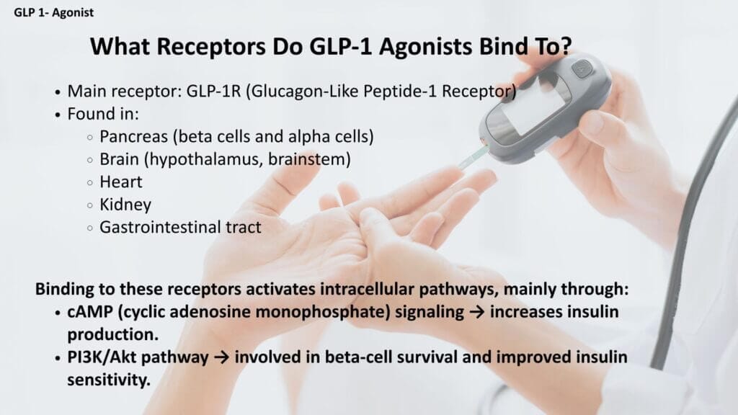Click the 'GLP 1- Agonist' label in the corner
(x=53, y=13)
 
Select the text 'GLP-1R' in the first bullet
(x=213, y=91)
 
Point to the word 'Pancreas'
(x=133, y=136)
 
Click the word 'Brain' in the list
(x=120, y=159)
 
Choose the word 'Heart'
(x=121, y=182)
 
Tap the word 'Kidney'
(x=125, y=205)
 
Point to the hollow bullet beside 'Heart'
(x=90, y=182)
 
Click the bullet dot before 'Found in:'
(x=58, y=115)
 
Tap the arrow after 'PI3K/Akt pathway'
(x=221, y=357)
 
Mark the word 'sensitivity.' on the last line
(x=109, y=380)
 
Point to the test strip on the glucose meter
(x=474, y=157)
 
